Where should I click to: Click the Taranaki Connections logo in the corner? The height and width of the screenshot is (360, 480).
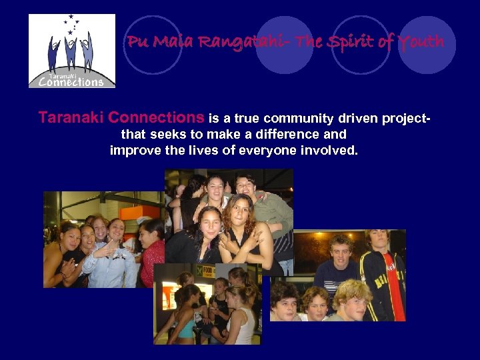(x=72, y=51)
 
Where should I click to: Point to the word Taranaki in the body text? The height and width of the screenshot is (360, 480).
(x=71, y=118)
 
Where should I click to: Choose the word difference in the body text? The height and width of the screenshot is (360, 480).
(x=294, y=135)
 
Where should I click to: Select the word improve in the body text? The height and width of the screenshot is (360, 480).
(x=131, y=150)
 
